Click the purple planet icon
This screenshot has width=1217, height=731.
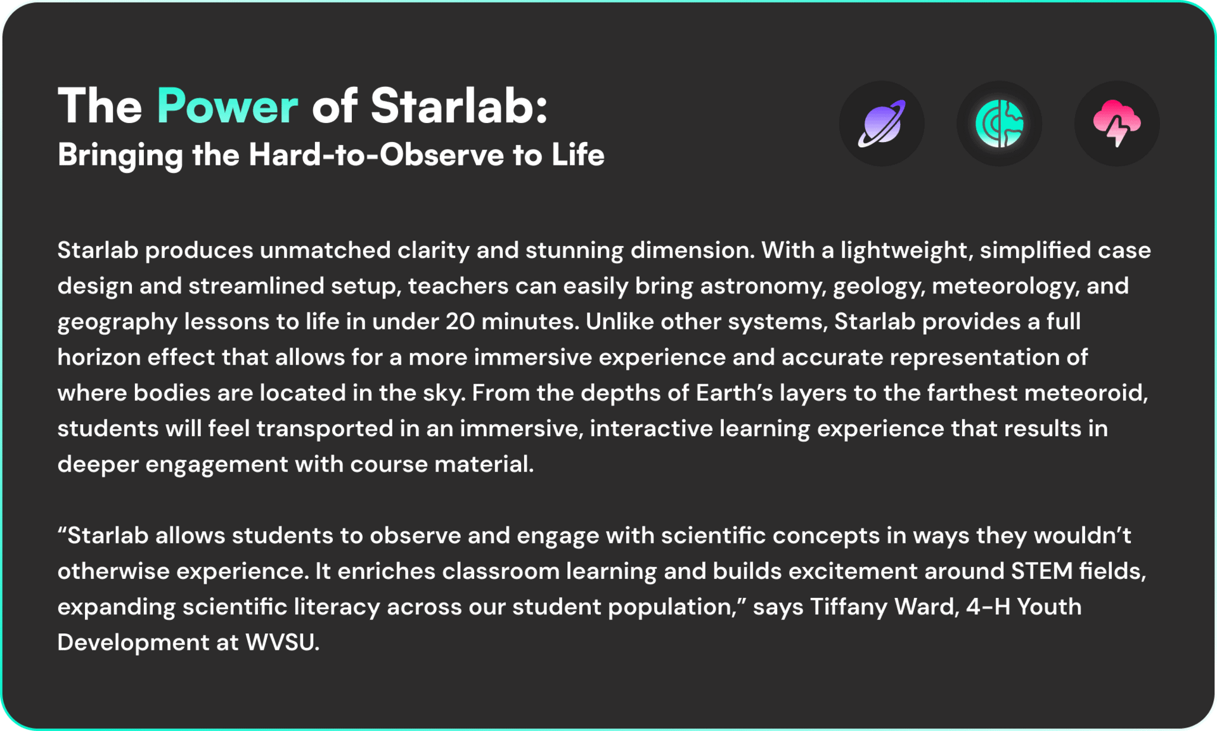(882, 124)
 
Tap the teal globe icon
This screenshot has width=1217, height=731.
(1000, 124)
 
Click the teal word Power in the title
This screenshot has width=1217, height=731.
(227, 106)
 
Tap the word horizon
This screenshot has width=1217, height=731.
(100, 358)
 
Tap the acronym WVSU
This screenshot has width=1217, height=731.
(282, 643)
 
